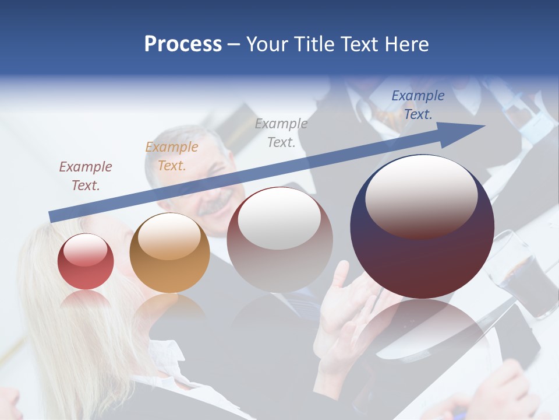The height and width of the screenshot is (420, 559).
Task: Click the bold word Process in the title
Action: pos(183,44)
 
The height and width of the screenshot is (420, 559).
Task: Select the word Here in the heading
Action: pos(406,44)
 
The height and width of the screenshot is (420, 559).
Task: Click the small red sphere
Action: pos(86,261)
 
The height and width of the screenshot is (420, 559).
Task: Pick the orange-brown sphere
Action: pos(169,253)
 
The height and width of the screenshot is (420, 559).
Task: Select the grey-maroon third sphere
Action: pos(279,240)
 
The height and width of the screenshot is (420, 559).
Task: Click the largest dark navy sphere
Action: pos(422,227)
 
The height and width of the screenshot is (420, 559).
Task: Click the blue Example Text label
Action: pos(418,105)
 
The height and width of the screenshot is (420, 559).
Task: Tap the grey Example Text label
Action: pos(281,132)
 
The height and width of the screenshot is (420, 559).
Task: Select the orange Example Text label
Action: pos(172,156)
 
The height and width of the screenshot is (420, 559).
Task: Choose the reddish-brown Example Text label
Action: pos(86,176)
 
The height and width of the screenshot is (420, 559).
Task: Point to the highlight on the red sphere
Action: pos(86,250)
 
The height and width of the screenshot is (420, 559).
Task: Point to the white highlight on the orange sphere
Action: pos(168,236)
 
